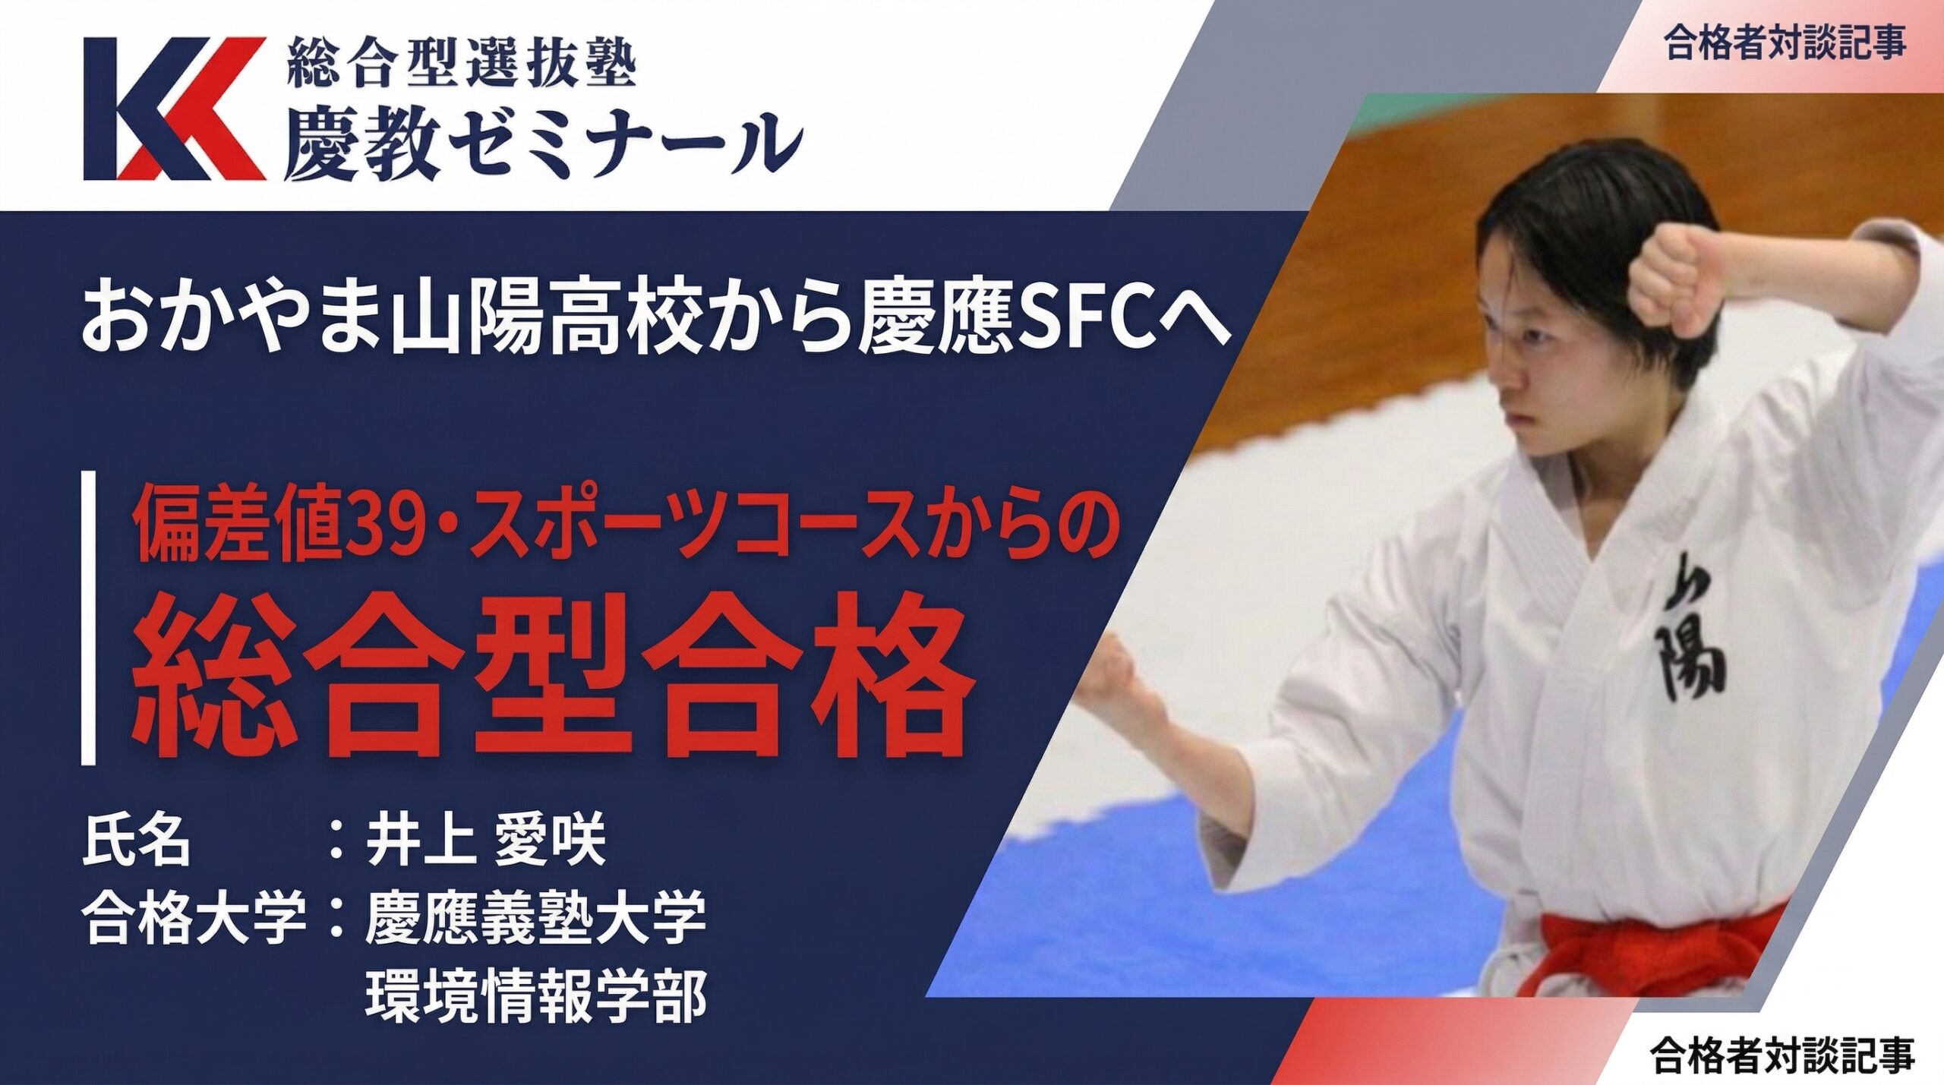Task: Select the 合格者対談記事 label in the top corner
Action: (x=1784, y=43)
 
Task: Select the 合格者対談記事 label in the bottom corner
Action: (x=1781, y=1055)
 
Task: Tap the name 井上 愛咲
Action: (x=486, y=839)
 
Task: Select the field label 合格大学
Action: (x=194, y=917)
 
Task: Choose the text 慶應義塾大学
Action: (x=535, y=917)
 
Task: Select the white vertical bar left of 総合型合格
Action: (x=89, y=617)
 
